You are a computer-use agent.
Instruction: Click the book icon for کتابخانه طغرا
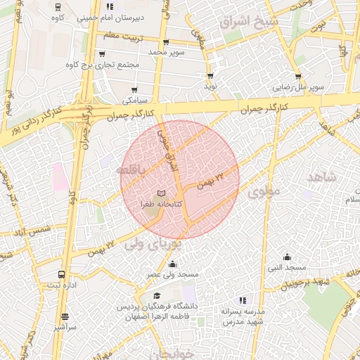[161, 192]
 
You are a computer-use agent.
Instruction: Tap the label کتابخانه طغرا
[162, 203]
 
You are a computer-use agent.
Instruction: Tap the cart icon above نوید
[210, 76]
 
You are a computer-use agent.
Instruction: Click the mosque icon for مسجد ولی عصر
[173, 264]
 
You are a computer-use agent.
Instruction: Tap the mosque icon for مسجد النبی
[286, 257]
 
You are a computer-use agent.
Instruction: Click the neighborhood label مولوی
[264, 190]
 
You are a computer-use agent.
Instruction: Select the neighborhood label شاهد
[321, 178]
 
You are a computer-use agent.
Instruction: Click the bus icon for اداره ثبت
[62, 275]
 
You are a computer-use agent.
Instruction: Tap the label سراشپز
[65, 327]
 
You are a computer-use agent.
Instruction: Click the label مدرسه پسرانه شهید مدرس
[243, 316]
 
